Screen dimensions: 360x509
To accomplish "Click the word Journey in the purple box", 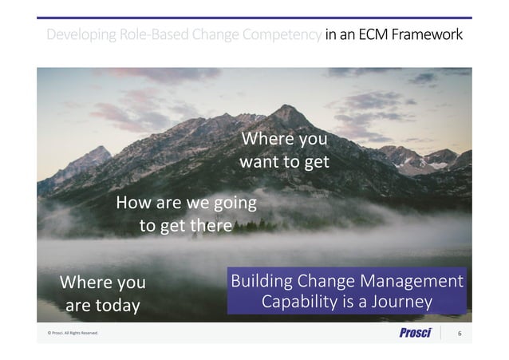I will [400, 303].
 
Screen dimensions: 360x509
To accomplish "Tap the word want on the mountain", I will [259, 162].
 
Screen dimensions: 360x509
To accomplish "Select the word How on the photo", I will [132, 203].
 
